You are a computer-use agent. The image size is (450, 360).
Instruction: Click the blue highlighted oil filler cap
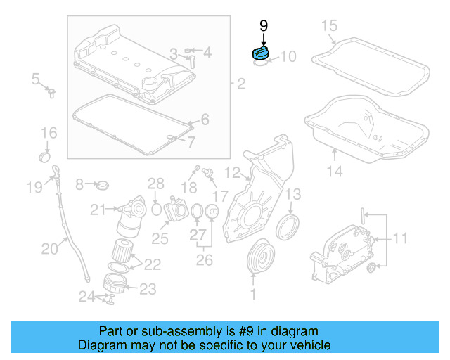click(261, 53)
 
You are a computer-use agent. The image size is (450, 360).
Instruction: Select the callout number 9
click(264, 26)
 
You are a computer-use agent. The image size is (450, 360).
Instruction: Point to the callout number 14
click(335, 171)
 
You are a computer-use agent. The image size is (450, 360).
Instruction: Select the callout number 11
click(399, 238)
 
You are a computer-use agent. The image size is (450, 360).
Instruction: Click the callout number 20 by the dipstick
click(50, 247)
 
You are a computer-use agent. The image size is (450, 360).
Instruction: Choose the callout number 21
click(98, 209)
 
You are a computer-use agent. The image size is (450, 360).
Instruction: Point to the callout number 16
click(48, 133)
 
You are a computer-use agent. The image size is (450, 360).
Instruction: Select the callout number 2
click(241, 84)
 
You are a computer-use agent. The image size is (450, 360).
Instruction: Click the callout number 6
click(205, 120)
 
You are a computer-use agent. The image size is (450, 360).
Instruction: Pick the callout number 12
click(233, 172)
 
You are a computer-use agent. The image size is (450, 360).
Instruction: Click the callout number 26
click(203, 261)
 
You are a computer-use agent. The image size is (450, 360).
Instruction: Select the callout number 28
click(155, 184)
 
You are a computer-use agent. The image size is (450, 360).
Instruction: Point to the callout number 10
click(288, 56)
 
